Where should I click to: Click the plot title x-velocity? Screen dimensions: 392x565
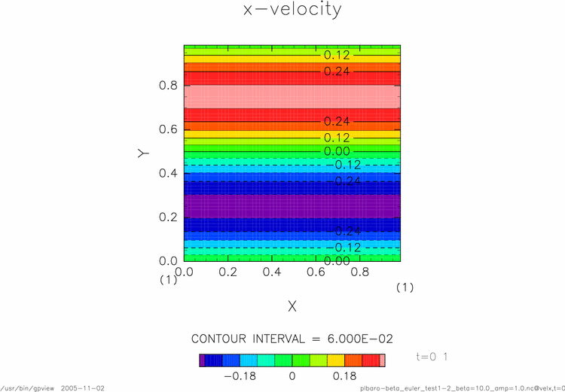tap(292, 10)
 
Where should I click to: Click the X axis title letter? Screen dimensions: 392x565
tap(292, 306)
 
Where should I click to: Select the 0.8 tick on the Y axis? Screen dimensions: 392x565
tap(168, 86)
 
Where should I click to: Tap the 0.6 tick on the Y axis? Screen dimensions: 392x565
tap(168, 129)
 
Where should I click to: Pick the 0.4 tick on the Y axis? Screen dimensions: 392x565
tap(168, 173)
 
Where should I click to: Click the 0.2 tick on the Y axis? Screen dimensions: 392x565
tap(168, 217)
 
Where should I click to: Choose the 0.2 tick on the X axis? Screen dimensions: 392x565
tap(226, 269)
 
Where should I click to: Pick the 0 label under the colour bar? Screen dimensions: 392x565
tap(292, 375)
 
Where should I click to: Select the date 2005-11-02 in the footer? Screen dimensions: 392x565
tap(82, 387)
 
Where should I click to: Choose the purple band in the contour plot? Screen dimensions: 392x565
tap(292, 206)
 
